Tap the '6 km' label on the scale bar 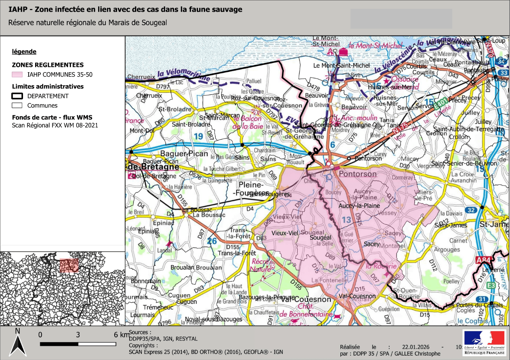121,335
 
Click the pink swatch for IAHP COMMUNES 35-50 17,75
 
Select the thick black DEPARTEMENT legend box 17,96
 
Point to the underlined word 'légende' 24,52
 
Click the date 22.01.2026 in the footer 416,347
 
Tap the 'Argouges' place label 447,250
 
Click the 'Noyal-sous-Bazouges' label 213,319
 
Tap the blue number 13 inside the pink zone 346,220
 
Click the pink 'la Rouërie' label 381,266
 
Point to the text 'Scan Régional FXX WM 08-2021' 55,126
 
